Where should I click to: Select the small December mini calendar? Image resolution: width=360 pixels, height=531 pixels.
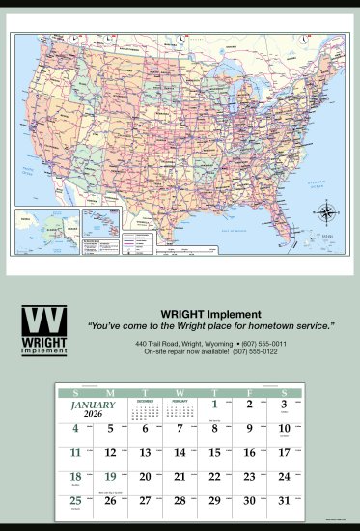(x=145, y=409)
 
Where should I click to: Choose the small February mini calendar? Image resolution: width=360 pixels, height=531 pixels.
(x=180, y=409)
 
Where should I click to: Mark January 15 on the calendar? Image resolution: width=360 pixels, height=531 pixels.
(x=215, y=452)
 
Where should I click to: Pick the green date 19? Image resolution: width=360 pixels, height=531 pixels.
(x=109, y=476)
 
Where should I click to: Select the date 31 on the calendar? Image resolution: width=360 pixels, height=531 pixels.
(x=283, y=500)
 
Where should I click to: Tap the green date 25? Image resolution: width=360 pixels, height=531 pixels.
(x=75, y=500)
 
